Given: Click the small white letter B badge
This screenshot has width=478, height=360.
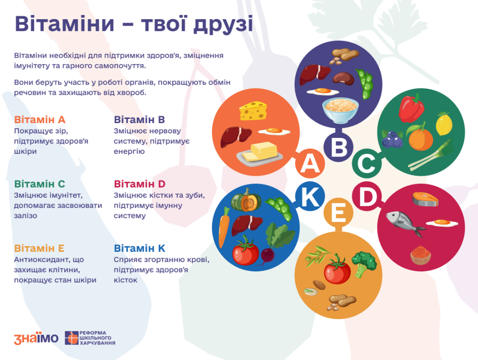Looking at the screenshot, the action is (x=339, y=147).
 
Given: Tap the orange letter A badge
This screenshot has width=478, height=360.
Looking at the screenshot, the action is (x=310, y=164).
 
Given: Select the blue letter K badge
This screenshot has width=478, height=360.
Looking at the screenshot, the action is (x=310, y=196).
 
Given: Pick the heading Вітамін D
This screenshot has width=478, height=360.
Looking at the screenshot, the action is (x=140, y=184).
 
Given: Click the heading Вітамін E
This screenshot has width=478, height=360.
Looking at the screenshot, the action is (x=39, y=248).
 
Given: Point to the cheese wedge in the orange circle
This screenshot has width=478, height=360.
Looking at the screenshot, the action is (x=253, y=111).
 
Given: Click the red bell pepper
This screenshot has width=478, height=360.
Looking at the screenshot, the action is (x=411, y=108).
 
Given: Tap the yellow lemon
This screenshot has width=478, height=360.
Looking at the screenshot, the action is (x=444, y=124).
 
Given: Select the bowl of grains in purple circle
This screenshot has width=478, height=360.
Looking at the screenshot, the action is (x=340, y=110).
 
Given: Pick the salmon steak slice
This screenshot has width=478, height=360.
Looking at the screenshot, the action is (x=425, y=199).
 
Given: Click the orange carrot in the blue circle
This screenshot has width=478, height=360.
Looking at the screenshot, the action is (x=224, y=227).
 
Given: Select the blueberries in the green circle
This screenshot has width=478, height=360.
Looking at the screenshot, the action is (x=392, y=139).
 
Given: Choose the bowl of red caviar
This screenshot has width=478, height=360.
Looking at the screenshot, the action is (x=421, y=255).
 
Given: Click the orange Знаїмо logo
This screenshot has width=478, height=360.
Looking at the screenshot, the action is (x=36, y=338).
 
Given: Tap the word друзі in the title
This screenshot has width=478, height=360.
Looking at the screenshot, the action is (x=223, y=24).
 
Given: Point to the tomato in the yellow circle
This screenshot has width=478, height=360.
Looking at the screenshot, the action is (x=337, y=270).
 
